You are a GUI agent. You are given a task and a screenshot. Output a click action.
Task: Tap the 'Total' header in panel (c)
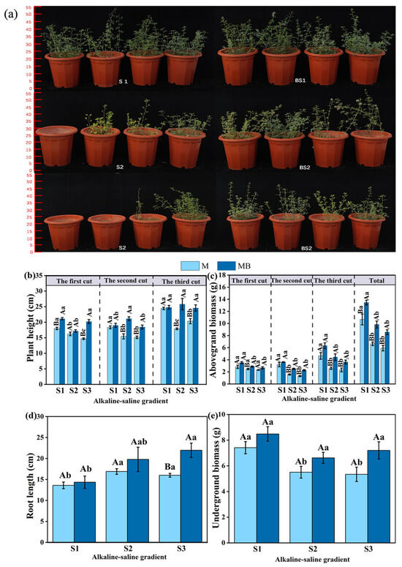[x=376, y=281]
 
